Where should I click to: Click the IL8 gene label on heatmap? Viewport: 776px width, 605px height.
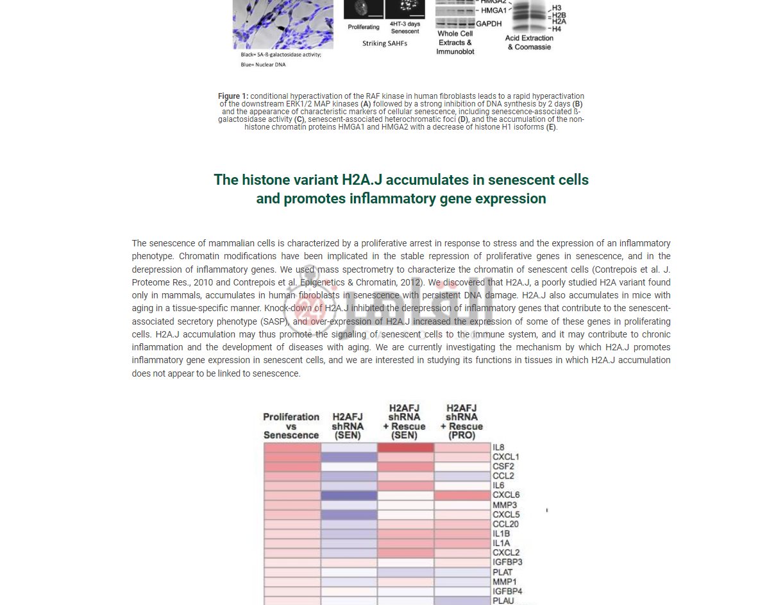498,447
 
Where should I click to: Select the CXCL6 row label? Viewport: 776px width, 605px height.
506,495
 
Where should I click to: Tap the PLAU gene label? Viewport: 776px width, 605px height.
503,601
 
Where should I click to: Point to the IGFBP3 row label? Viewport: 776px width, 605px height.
507,562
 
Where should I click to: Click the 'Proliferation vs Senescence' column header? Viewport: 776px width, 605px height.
291,425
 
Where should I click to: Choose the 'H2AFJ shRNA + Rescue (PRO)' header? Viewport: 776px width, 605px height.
462,422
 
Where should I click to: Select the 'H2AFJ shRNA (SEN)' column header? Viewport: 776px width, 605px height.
348,425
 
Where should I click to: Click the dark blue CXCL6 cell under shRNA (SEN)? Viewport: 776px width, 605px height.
349,495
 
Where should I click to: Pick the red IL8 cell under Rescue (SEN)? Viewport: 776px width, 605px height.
405,447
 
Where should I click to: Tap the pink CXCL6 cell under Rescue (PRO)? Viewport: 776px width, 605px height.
462,495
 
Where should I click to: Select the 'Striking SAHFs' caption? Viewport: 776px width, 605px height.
384,43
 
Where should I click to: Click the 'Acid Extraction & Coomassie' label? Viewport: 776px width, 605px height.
529,42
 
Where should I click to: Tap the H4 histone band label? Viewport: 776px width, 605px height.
557,29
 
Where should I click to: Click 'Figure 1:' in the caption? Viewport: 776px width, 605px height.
233,96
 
